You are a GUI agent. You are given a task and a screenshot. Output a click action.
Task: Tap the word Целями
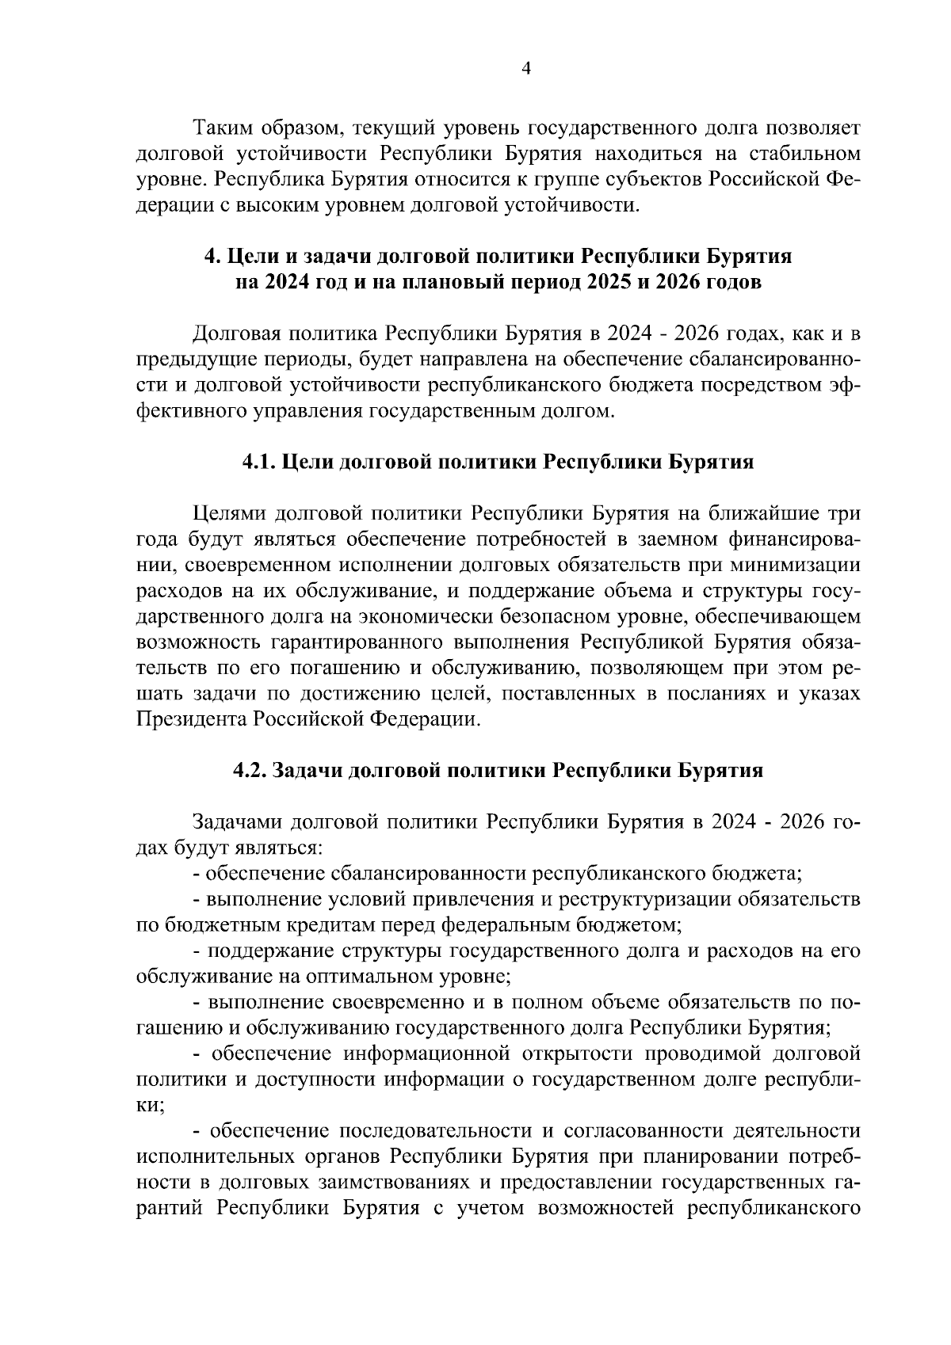pos(228,514)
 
